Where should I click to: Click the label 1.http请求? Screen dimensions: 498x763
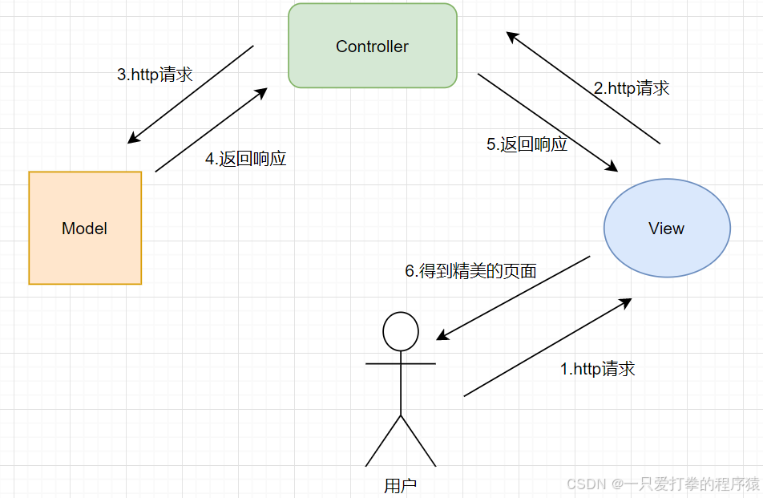click(597, 369)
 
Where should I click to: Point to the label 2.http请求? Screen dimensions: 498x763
click(632, 88)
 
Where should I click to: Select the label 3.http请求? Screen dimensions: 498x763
click(155, 75)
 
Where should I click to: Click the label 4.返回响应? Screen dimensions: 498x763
click(245, 159)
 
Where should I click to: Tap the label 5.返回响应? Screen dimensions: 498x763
click(527, 144)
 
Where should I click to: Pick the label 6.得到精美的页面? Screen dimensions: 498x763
click(470, 271)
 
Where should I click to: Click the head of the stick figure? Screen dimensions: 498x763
click(401, 331)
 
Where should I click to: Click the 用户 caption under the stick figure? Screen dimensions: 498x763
click(401, 485)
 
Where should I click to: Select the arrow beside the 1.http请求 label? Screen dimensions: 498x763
click(547, 347)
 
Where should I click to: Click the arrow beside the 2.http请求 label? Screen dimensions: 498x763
click(583, 88)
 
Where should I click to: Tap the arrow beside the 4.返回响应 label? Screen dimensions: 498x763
click(211, 130)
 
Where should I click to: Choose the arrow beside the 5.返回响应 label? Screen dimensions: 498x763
click(547, 122)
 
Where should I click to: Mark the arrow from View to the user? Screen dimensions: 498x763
click(514, 298)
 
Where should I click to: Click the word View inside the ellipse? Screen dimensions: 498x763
click(666, 229)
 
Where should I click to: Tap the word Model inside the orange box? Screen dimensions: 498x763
click(84, 229)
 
